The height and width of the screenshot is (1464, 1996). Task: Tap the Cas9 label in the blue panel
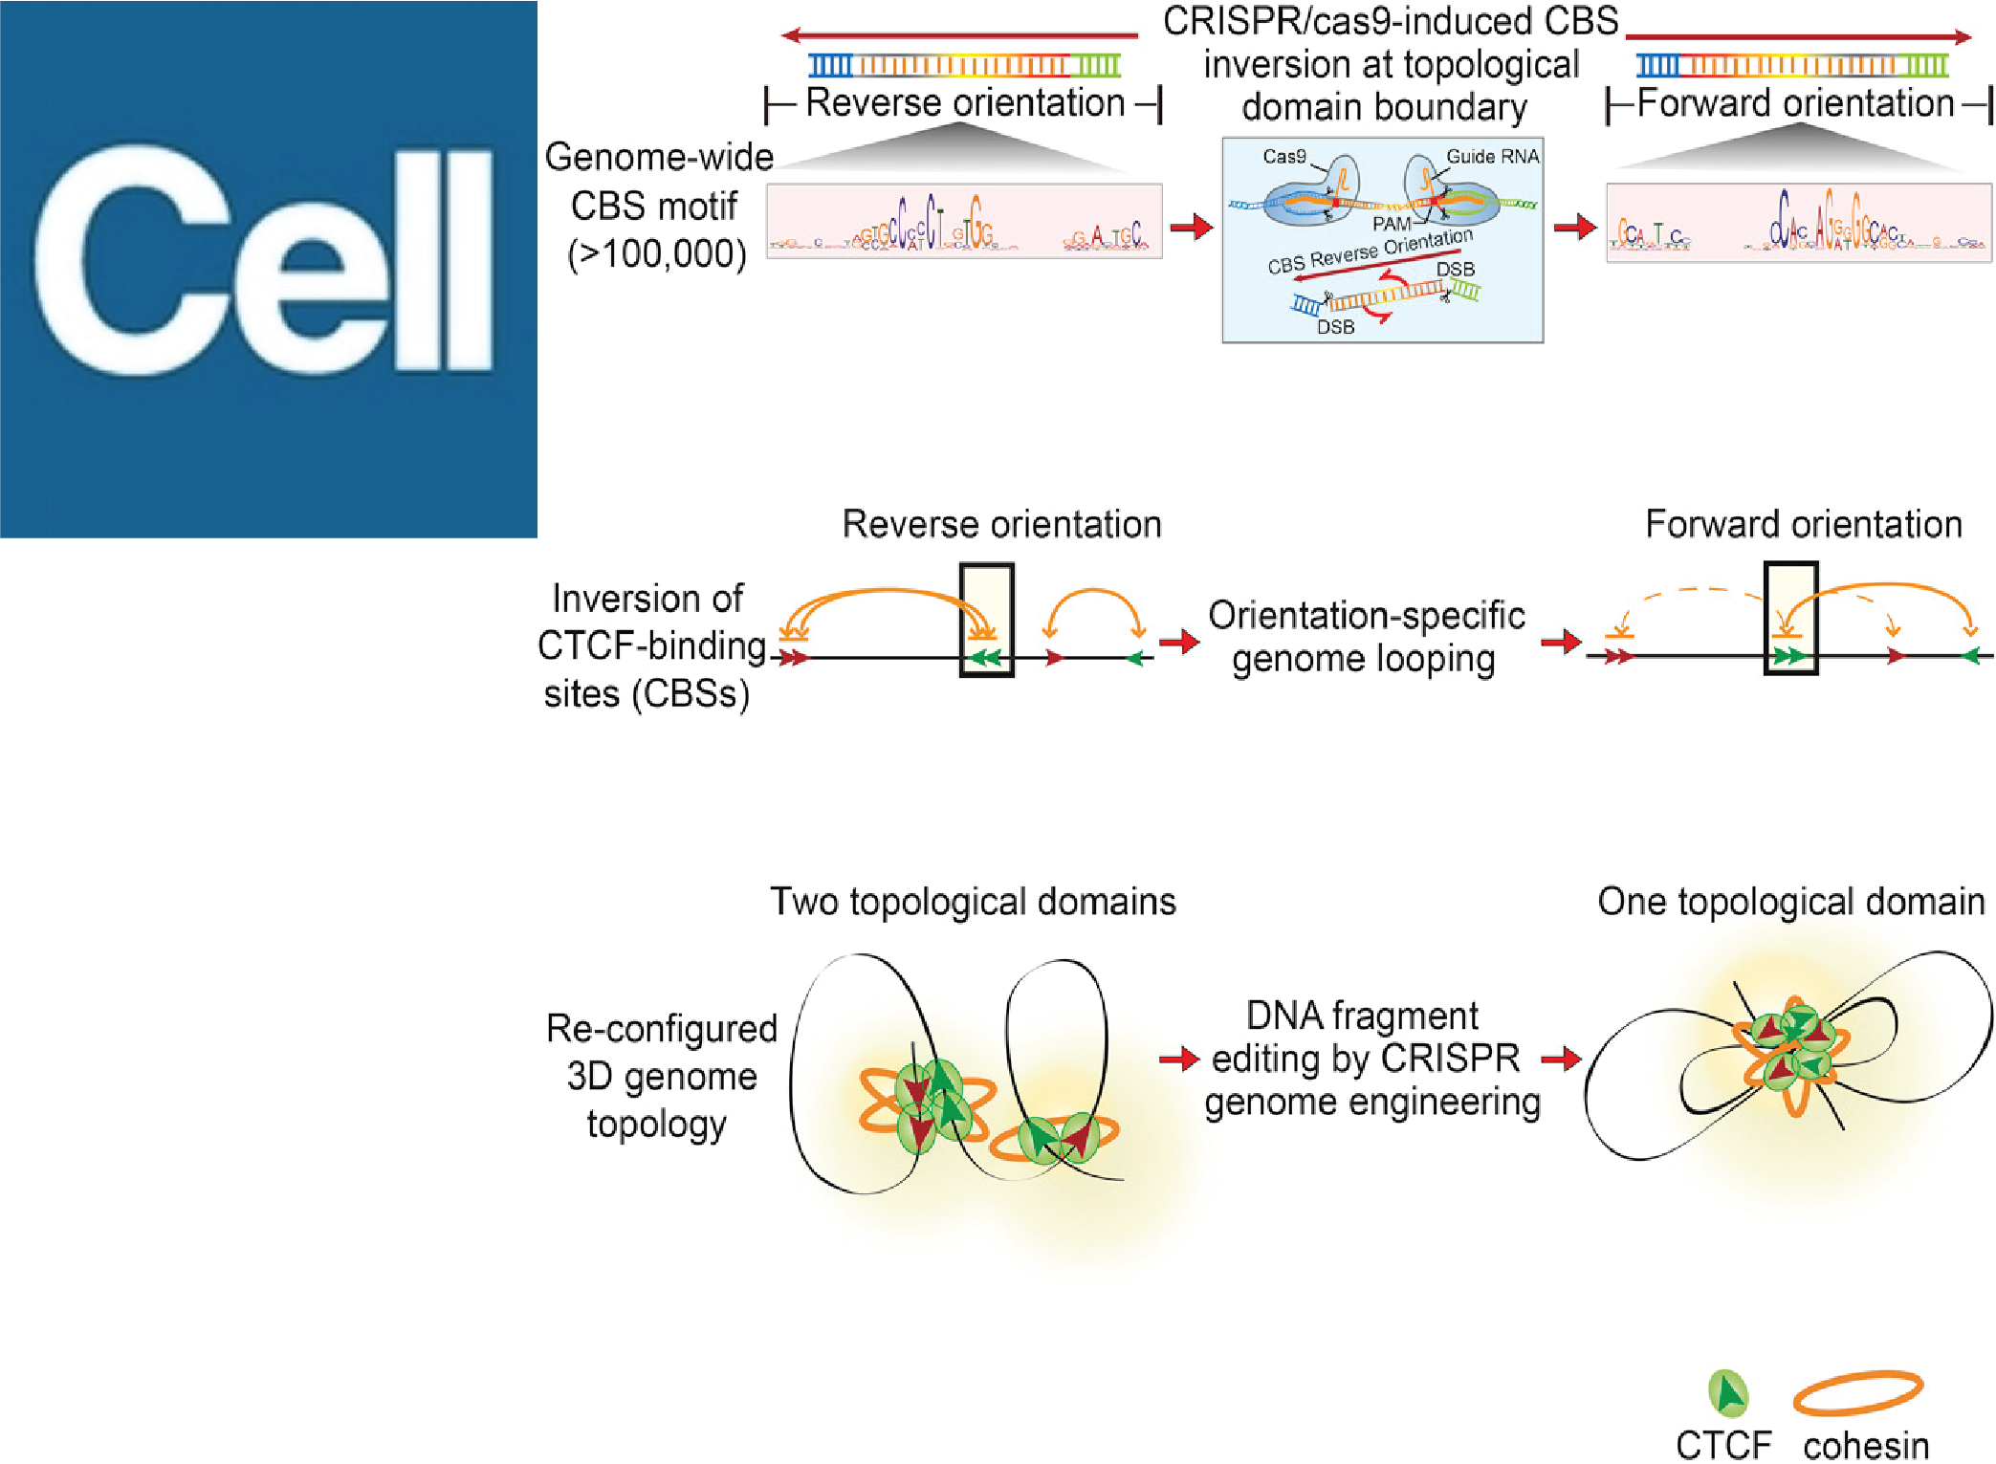point(1283,157)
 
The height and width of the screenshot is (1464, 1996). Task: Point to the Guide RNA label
point(1492,157)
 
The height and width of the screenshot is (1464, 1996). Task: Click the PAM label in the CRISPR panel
point(1391,224)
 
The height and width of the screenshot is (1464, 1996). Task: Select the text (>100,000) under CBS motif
point(656,254)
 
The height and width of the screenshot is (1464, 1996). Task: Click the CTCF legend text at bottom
point(1723,1445)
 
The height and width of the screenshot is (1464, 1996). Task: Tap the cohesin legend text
point(1866,1445)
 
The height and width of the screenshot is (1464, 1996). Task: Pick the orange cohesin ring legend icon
point(1857,1392)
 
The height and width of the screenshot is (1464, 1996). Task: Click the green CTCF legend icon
point(1728,1393)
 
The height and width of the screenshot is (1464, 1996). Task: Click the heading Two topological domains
point(973,902)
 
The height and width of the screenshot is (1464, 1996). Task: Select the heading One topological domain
point(1790,902)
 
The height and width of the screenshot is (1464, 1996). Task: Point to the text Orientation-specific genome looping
point(1366,637)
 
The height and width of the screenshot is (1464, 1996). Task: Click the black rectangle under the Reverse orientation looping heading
point(986,620)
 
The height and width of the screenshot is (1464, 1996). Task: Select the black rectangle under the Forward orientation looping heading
point(1790,619)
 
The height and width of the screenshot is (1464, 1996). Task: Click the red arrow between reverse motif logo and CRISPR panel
point(1192,228)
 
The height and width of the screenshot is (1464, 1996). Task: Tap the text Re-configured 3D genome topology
point(661,1076)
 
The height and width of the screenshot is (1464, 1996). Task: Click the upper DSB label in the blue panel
point(1455,270)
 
